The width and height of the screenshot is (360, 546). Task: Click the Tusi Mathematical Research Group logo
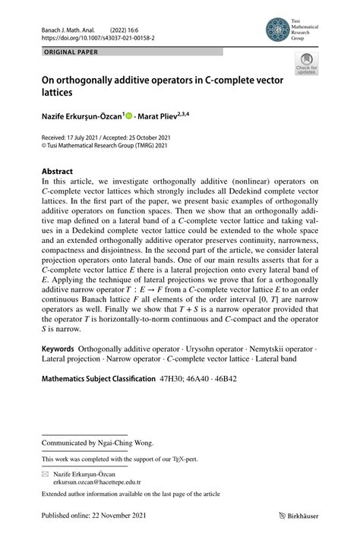[x=278, y=30]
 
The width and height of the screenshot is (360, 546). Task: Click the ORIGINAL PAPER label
[x=67, y=52]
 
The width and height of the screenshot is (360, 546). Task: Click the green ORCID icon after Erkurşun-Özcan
[x=129, y=115]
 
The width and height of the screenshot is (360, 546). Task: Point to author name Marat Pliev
[x=164, y=115]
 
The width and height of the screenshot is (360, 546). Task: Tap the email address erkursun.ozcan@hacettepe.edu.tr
[x=96, y=481]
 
